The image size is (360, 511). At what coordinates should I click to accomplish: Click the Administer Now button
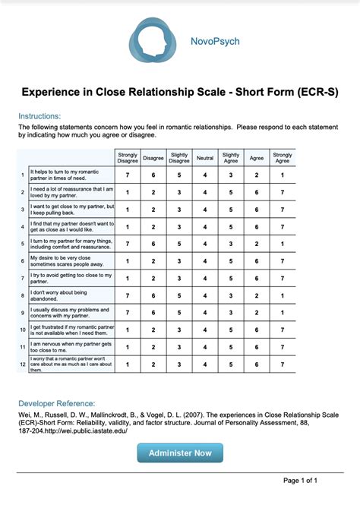180,453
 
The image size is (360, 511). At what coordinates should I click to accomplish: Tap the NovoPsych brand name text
215,41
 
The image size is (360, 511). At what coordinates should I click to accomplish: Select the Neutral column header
205,157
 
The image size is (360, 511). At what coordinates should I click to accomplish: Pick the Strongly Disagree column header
128,157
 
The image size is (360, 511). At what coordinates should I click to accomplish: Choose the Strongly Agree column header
283,157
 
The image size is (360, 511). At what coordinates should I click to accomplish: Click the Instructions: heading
39,115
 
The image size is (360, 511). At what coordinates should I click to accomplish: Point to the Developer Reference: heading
56,403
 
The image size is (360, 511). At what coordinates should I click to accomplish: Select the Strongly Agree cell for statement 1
283,175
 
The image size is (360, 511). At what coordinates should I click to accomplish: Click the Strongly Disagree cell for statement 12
128,364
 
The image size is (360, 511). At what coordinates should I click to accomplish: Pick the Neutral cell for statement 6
205,260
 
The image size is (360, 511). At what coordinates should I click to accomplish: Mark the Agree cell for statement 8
257,295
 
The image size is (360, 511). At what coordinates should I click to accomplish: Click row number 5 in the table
23,244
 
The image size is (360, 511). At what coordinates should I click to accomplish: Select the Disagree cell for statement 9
153,313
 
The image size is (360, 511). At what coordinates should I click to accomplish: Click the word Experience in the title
55,92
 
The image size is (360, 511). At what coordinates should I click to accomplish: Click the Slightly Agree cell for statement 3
231,209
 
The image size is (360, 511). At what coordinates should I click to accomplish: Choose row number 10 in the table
23,330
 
